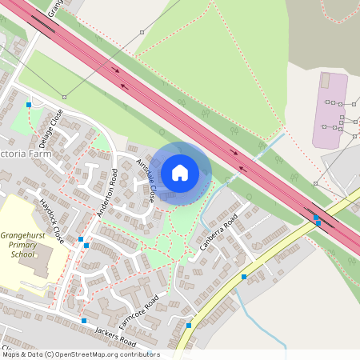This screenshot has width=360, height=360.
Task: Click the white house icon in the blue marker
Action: [x=180, y=172]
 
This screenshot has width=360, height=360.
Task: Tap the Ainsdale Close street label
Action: [x=146, y=180]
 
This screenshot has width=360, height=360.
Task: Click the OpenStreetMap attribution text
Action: [x=80, y=354]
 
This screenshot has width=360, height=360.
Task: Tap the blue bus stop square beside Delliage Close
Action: [x=29, y=104]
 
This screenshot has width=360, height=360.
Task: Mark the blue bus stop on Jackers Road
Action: [x=84, y=321]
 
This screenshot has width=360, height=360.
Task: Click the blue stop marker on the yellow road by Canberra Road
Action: [x=243, y=276]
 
